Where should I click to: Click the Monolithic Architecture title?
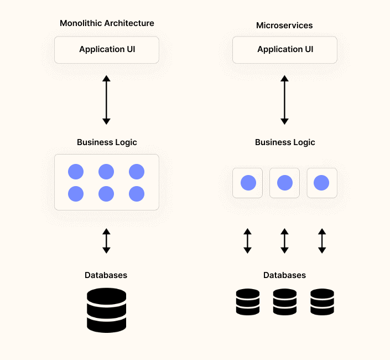[x=107, y=23]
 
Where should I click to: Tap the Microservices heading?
[x=284, y=25]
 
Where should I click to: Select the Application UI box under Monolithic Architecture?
[x=107, y=50]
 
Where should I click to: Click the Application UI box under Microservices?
[x=285, y=50]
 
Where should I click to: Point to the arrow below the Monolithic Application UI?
[x=107, y=100]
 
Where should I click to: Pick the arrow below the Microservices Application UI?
[x=284, y=100]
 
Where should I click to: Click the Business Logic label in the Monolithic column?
[x=107, y=142]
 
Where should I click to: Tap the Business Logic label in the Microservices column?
[x=285, y=142]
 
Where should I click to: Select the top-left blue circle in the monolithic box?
[x=76, y=172]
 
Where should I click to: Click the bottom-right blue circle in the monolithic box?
[x=137, y=194]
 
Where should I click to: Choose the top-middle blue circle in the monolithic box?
[x=106, y=172]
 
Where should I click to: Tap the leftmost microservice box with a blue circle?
[x=247, y=183]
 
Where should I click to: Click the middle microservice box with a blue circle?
[x=284, y=183]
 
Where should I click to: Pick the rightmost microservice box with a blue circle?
[x=322, y=183]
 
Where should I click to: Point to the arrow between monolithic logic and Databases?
[x=107, y=241]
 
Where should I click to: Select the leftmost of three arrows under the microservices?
[x=247, y=241]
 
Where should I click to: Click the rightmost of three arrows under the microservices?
[x=322, y=241]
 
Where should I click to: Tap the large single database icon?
[x=107, y=310]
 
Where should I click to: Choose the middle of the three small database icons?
[x=285, y=302]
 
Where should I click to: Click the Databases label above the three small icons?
[x=284, y=275]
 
